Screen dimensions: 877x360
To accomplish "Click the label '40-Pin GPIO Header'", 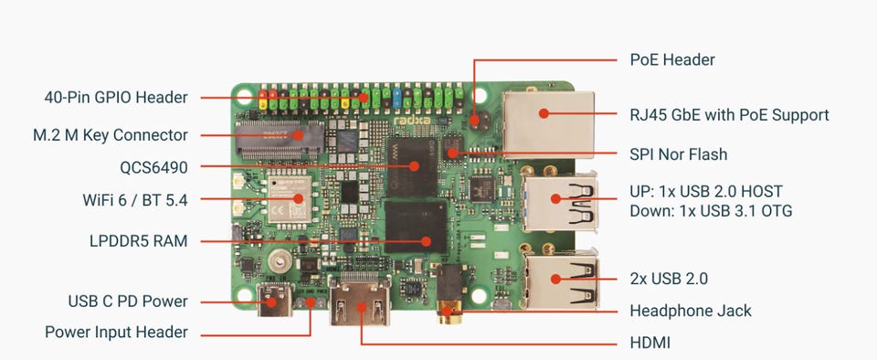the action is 116,97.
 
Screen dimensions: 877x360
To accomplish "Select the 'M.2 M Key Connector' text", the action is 111,135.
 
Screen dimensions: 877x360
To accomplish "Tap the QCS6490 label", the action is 153,167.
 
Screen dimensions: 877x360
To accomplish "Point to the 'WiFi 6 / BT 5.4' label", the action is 135,199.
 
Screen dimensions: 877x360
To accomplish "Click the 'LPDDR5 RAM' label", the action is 139,241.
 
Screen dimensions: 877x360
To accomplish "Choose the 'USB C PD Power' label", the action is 128,302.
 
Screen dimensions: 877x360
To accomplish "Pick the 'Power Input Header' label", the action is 116,332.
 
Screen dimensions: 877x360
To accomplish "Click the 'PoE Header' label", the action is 672,59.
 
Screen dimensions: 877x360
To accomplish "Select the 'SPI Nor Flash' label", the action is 679,154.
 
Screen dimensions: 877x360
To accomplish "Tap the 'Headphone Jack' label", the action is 691,311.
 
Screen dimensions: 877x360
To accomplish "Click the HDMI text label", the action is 650,343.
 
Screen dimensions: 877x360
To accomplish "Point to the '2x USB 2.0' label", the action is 669,279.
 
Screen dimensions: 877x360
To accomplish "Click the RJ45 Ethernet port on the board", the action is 549,124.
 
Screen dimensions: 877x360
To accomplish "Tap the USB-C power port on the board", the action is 274,300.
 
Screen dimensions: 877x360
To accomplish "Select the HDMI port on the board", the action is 360,302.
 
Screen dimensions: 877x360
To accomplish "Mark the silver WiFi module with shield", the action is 289,199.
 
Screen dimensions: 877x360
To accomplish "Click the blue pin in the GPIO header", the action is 397,97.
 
